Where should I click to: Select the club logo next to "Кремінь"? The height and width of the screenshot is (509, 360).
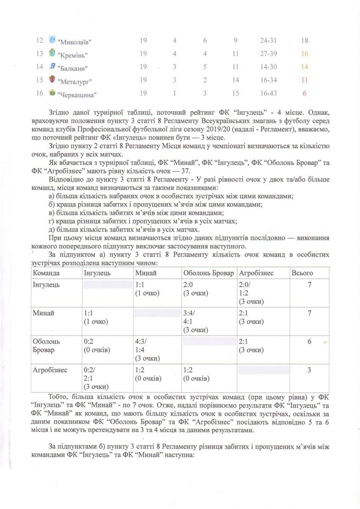coord(52,54)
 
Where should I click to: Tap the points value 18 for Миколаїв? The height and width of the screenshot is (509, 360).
coord(304,40)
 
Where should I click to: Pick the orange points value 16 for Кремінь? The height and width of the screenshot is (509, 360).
coord(304,53)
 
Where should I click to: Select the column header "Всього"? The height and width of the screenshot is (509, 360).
coord(303,272)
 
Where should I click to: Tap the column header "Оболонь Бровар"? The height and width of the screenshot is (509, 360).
coord(208,272)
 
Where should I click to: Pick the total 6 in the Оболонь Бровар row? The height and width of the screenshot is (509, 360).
coord(309,341)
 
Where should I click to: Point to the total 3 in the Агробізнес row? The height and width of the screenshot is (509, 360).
coord(309,370)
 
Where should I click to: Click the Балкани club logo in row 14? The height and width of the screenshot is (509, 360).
coord(52,67)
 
